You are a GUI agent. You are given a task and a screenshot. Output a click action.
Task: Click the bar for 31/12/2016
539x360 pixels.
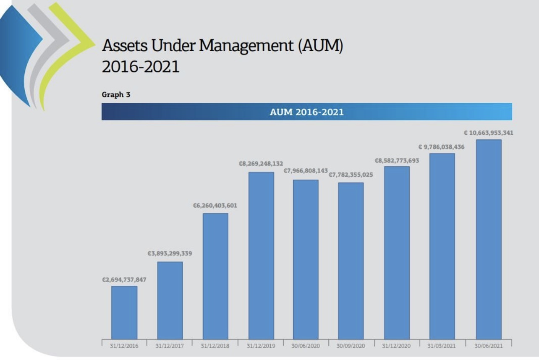click(124, 312)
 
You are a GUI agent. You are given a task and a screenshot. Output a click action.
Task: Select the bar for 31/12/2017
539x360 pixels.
click(170, 300)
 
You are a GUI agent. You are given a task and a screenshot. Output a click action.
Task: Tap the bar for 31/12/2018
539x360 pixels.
click(215, 276)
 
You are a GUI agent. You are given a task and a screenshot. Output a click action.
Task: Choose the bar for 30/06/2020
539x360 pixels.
click(306, 259)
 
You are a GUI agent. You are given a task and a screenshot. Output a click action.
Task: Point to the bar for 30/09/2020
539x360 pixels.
click(351, 261)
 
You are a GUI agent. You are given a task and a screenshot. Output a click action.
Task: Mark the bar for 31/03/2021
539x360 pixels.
click(442, 246)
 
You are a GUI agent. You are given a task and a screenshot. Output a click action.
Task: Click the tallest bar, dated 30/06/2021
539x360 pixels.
click(489, 239)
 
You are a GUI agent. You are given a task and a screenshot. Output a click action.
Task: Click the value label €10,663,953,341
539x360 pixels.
click(488, 133)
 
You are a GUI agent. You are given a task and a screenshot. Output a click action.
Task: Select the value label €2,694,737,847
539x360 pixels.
click(124, 280)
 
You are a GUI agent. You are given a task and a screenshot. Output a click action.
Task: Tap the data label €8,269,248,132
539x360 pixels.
click(261, 164)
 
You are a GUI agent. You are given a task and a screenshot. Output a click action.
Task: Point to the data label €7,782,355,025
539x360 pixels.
click(351, 175)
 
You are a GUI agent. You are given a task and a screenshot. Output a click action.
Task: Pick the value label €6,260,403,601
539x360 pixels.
click(215, 206)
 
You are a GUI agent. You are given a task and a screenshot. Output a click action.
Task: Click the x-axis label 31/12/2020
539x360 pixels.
click(397, 346)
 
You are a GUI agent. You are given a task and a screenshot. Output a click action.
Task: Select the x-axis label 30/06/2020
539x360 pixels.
click(306, 346)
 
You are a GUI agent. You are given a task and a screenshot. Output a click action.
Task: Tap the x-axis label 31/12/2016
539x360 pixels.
click(124, 346)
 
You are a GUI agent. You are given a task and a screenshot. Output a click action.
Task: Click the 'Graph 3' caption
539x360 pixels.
click(116, 95)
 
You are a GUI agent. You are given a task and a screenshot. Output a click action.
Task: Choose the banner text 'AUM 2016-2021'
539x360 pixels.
click(307, 112)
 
